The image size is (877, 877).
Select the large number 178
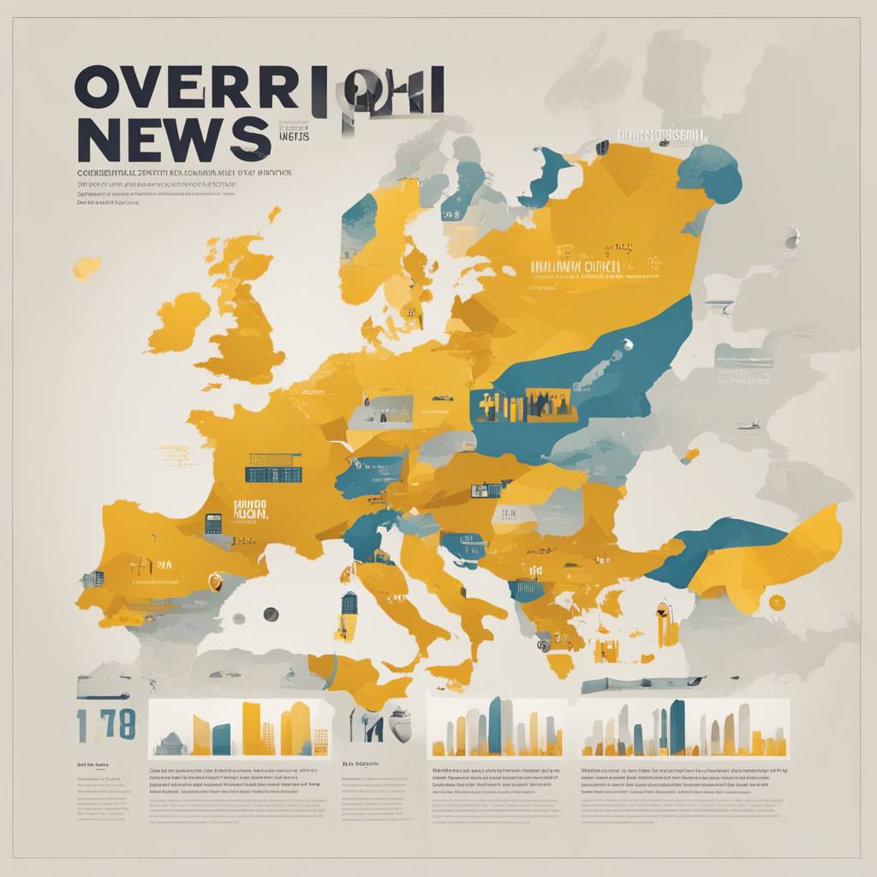pos(105,725)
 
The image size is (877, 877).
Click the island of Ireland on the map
pos(179,320)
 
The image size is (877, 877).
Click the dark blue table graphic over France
pos(273,467)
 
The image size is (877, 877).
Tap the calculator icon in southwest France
pos(213,522)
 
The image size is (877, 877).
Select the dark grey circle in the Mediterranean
pos(271,614)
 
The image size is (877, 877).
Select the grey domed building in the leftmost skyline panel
pos(170,743)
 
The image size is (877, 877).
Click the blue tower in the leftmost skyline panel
pos(221,739)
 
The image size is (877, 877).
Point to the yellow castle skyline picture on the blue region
pos(524,404)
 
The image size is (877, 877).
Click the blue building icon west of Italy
pos(349,613)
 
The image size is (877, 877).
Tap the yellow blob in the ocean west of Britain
pos(87,268)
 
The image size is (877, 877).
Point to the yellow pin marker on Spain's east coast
pos(215,582)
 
